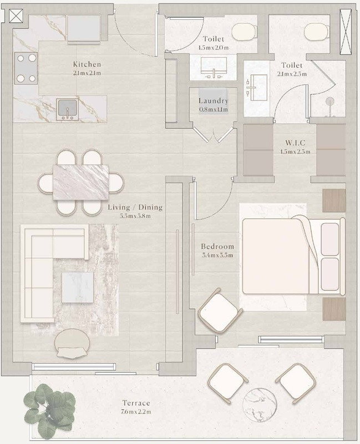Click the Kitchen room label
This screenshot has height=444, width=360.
point(87,64)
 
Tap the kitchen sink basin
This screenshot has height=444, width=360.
point(67,109)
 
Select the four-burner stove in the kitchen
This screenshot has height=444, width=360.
point(26,68)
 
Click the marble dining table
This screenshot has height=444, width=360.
point(80,183)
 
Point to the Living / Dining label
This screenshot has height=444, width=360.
point(135,207)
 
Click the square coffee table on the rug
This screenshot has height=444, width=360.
point(78,287)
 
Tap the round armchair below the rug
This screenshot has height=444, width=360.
point(72,344)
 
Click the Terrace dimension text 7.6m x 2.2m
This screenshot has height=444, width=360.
point(136,412)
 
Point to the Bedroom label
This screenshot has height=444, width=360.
point(217,246)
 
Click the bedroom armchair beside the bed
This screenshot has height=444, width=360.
point(220,310)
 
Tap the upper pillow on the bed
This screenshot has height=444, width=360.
point(330,239)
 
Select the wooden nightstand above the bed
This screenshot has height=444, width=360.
point(334,200)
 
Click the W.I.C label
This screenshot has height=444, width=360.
point(295,143)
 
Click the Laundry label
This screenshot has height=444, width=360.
point(213,101)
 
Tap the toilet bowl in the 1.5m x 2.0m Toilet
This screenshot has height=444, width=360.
point(245,32)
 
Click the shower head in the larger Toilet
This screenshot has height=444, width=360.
point(329,102)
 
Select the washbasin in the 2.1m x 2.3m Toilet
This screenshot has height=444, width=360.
point(257,88)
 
